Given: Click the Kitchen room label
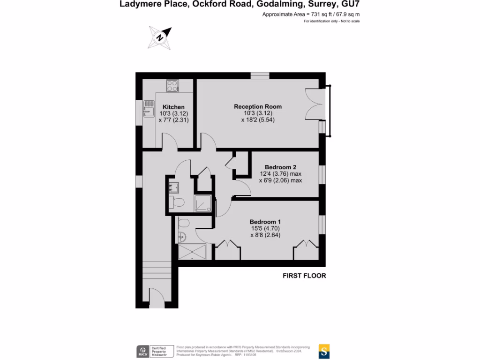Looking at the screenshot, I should coord(173,107).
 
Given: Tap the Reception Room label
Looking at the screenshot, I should coord(258,106).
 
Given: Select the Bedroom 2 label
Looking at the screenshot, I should coord(280,167).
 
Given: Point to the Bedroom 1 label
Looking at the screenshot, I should coord(265,222).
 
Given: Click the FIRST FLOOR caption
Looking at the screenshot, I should coord(304,276).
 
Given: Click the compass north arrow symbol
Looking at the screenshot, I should coord(159,37).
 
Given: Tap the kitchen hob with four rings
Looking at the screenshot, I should coord(172,86).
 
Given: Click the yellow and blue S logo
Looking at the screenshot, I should coord(324,351).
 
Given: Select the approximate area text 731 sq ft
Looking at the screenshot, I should coord(311,15).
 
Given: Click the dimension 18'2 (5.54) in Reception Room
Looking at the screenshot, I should coord(258,120).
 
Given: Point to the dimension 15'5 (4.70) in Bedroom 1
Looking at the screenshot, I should coord(265,229).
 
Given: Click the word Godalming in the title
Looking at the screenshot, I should coord(257,5).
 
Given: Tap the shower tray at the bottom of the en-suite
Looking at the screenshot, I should coord(192,252).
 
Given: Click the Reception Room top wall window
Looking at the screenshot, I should coord(260,75).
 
